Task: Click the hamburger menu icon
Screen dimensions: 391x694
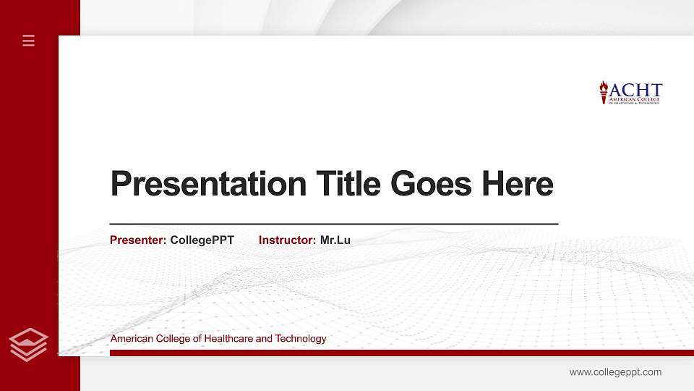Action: click(x=28, y=41)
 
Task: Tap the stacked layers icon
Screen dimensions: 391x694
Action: click(x=28, y=343)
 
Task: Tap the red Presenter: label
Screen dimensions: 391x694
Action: click(x=138, y=240)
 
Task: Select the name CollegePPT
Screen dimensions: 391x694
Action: click(x=202, y=240)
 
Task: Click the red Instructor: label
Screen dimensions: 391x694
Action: click(x=287, y=240)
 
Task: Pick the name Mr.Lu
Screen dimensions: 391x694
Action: click(x=335, y=240)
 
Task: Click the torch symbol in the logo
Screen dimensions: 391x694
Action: click(x=604, y=92)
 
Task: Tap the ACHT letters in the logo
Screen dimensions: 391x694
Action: click(x=636, y=90)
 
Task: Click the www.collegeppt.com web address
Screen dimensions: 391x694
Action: click(x=615, y=372)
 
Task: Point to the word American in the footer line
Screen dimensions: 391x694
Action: click(x=131, y=339)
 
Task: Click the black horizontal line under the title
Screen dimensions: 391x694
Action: click(x=333, y=224)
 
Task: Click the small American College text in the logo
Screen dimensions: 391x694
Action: click(x=635, y=98)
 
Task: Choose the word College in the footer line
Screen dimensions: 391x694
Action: click(x=171, y=339)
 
